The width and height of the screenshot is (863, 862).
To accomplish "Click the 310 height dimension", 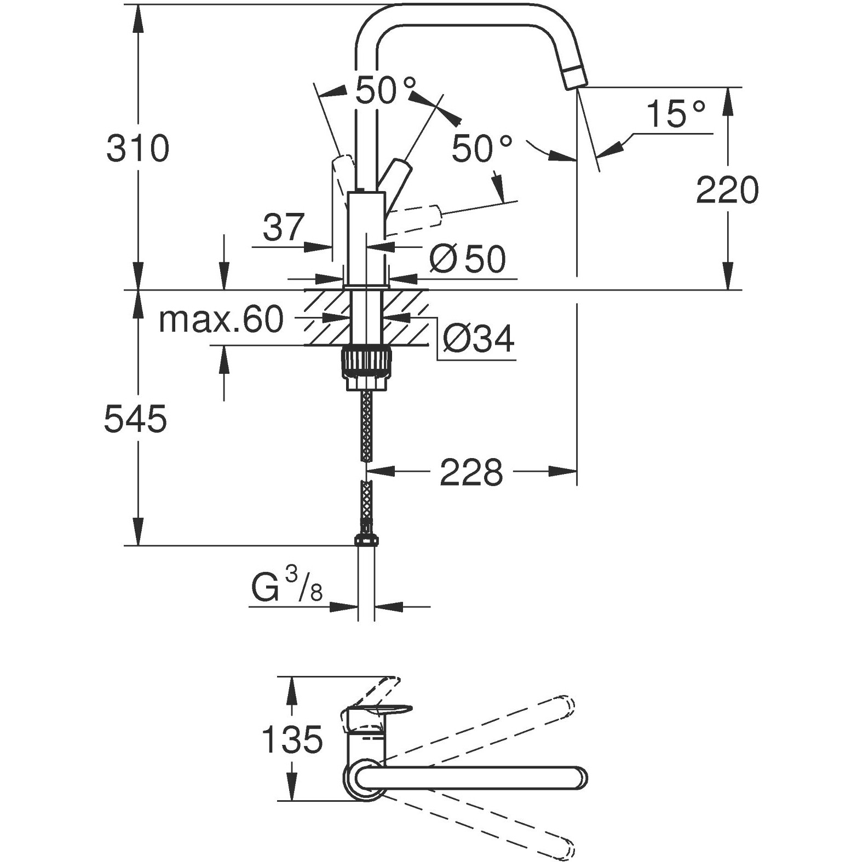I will coord(137,148).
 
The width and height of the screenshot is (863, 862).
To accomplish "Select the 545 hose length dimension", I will coord(135,419).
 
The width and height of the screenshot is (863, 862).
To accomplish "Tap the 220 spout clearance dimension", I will coord(727,190).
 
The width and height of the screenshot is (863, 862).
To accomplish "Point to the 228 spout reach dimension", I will coord(471,472).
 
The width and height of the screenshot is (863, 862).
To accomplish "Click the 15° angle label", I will coord(675,114).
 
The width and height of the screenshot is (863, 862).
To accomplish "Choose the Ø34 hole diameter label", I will coord(478,339).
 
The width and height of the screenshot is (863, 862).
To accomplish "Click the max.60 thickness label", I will coord(221,320).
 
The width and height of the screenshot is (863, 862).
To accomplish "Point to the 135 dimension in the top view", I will coord(292,739).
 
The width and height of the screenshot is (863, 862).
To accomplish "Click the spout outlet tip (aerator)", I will coord(575,76).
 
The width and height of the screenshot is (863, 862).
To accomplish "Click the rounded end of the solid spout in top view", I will coord(579,777).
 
